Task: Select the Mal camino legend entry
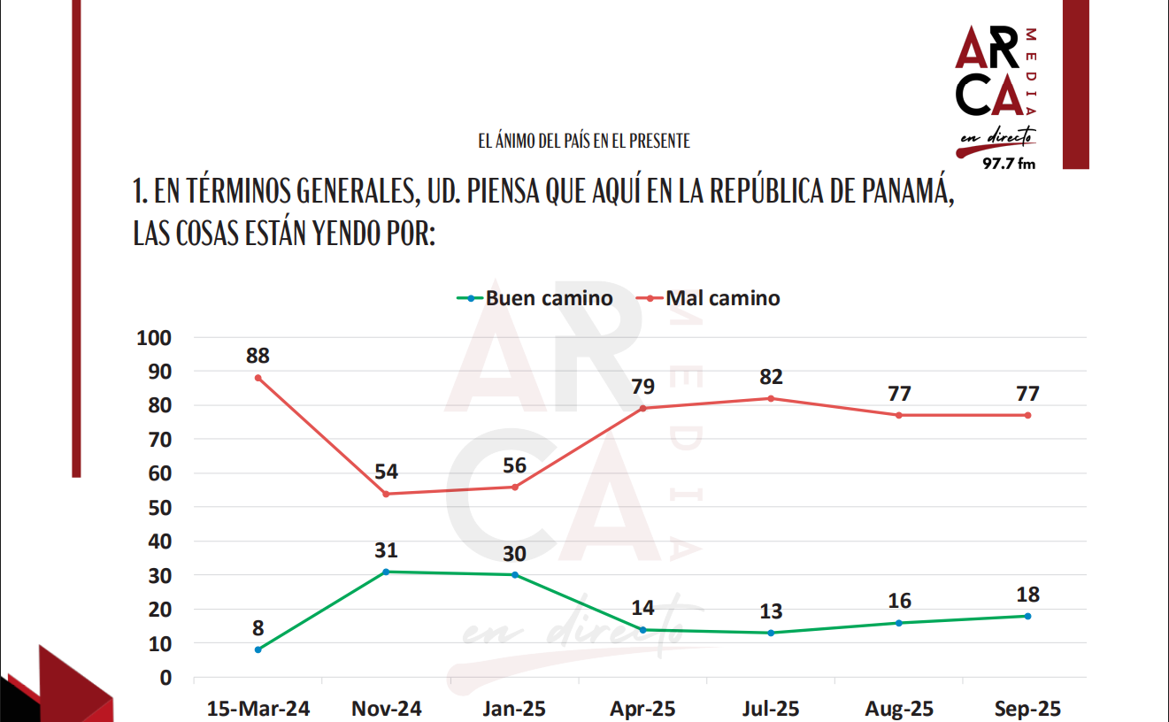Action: (x=712, y=298)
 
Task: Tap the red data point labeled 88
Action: (x=258, y=378)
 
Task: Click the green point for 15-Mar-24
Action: (x=258, y=649)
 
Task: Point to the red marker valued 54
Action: (x=386, y=494)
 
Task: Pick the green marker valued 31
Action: (x=386, y=572)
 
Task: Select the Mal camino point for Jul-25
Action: (x=771, y=398)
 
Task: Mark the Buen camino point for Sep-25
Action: (x=1027, y=616)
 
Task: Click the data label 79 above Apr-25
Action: (x=642, y=388)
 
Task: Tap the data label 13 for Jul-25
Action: (x=771, y=611)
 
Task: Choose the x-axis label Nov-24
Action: (x=386, y=709)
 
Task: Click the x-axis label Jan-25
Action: (x=514, y=709)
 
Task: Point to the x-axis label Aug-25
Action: (x=899, y=709)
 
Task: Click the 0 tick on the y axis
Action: (x=164, y=678)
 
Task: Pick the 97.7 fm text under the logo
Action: (x=1009, y=164)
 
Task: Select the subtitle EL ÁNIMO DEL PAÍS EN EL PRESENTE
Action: (x=584, y=141)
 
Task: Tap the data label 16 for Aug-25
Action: (x=899, y=602)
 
